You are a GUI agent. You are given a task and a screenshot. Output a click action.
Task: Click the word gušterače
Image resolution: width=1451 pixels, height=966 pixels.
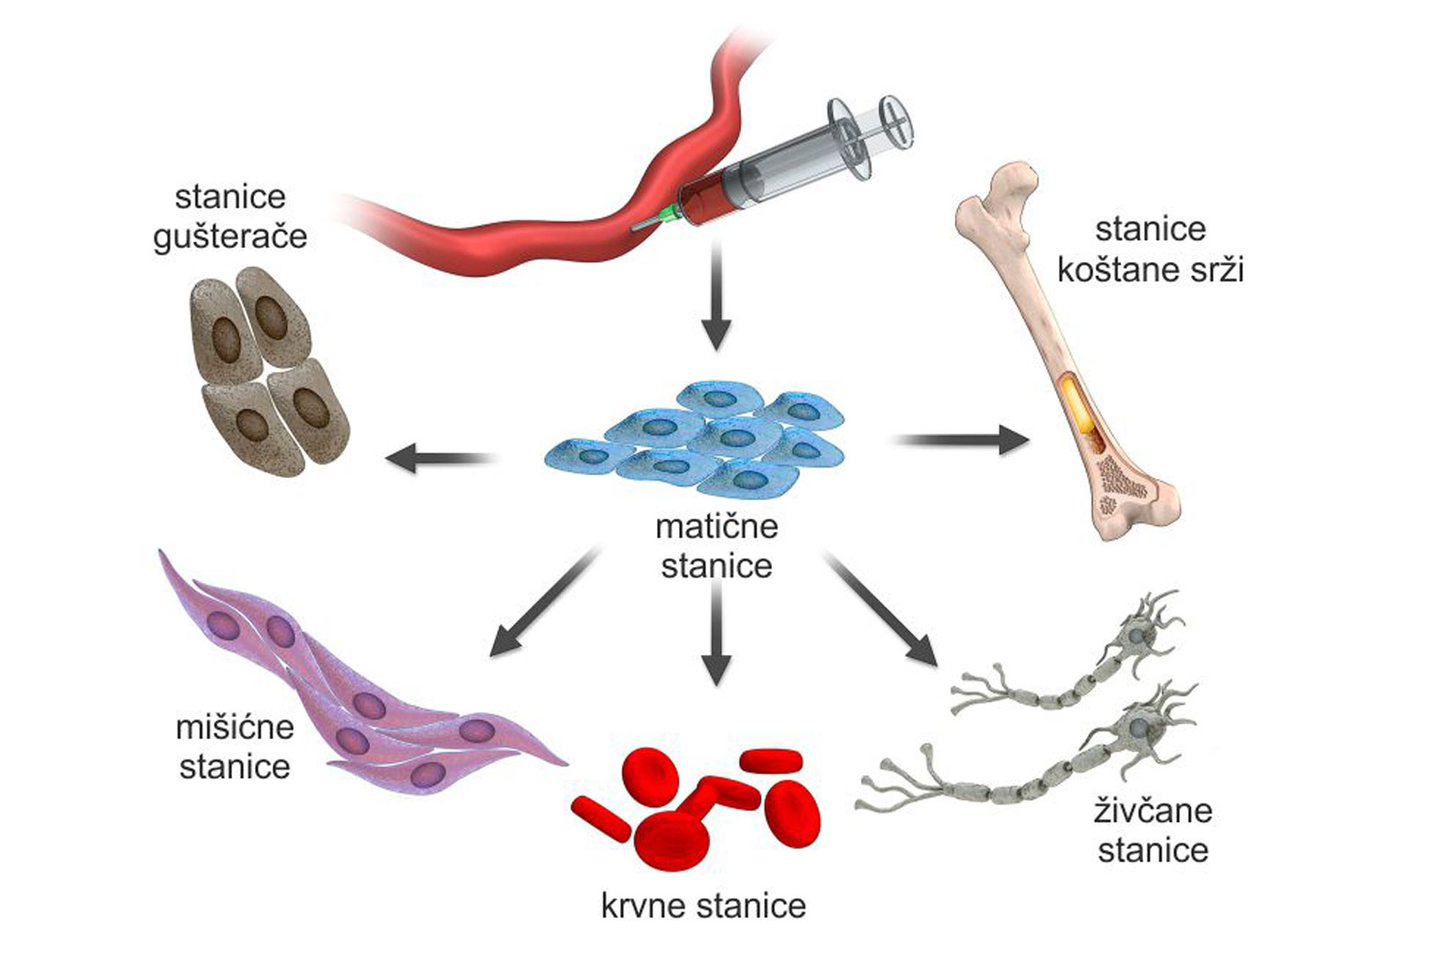point(230,237)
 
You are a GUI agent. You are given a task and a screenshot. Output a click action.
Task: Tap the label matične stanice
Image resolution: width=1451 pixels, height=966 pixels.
point(717,546)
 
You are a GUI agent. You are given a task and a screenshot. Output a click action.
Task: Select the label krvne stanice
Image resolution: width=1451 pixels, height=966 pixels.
point(704,906)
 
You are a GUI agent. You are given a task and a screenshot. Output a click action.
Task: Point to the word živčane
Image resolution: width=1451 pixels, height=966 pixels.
point(1153,810)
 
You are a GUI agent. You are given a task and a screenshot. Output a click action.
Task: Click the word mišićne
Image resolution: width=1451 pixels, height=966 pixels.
point(235,728)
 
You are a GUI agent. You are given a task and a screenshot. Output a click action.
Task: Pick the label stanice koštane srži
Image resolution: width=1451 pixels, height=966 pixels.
point(1150,249)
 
